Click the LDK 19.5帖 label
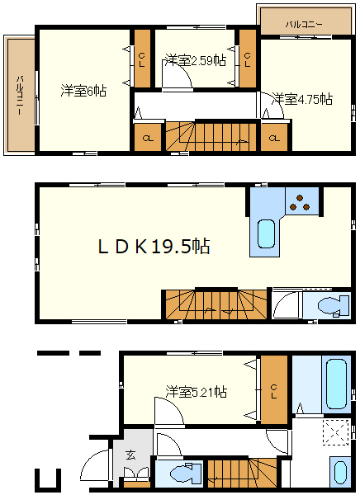[154, 246]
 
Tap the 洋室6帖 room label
[83, 91]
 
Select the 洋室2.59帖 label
[196, 60]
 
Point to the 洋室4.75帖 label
[302, 99]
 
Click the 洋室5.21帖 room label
[197, 391]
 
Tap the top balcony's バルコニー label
[304, 24]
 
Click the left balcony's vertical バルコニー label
[20, 95]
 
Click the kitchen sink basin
[266, 234]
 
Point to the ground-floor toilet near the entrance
[186, 473]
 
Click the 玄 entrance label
[130, 455]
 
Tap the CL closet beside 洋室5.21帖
[273, 390]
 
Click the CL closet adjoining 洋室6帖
[142, 59]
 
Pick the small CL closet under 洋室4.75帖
[274, 138]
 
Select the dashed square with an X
[335, 432]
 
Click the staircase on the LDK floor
[216, 304]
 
